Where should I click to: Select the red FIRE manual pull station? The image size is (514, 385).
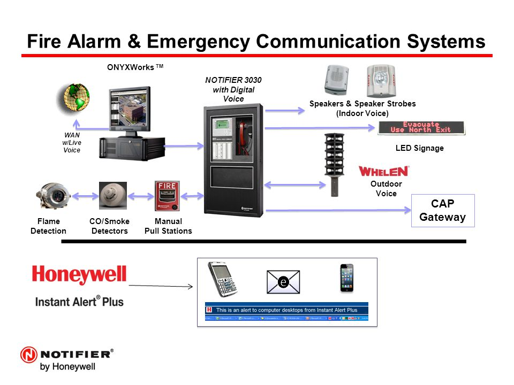pos(166,196)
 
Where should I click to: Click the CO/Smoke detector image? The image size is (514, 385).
pos(113,196)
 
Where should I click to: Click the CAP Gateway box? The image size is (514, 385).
pos(442,211)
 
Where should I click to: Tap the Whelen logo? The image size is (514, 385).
pos(383,171)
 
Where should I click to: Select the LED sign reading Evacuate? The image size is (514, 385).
pos(421,127)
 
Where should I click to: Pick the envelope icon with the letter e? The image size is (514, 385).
pos(283,282)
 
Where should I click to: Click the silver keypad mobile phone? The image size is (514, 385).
pos(223,280)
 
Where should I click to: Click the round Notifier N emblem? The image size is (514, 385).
pos(29,355)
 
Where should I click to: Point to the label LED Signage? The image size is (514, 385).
pos(419,148)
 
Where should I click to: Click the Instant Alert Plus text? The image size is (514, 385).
pos(79,301)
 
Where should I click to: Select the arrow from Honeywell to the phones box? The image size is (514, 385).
pos(161,286)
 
